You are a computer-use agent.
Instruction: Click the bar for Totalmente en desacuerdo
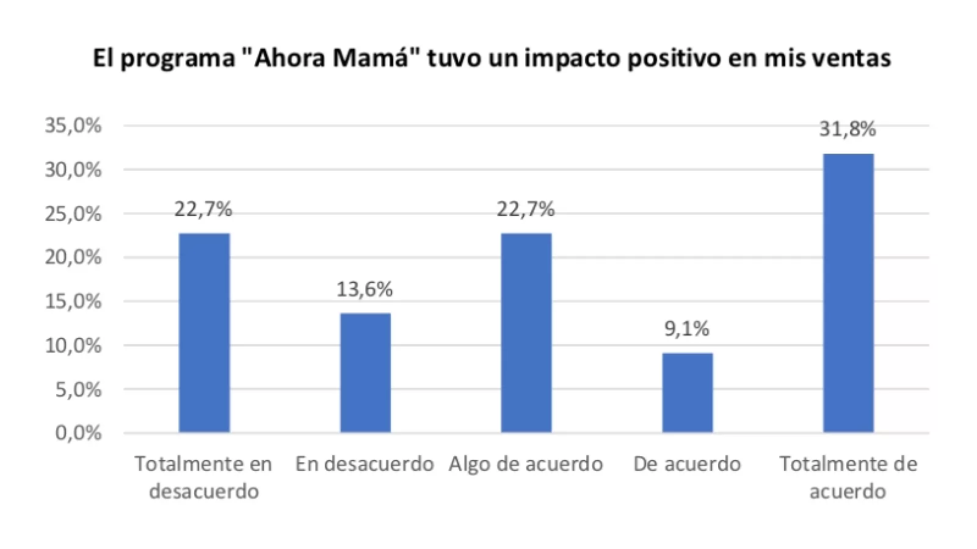click(204, 332)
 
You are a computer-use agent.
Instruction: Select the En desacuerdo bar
click(365, 373)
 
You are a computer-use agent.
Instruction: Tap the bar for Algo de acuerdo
click(526, 332)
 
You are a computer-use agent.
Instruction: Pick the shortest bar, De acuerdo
click(687, 392)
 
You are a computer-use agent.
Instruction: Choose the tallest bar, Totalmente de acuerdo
click(848, 293)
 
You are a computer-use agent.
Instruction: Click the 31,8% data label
click(848, 129)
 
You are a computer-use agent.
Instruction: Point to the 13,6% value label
click(365, 290)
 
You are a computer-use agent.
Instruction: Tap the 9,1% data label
click(687, 329)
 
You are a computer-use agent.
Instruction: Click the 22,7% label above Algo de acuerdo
click(526, 210)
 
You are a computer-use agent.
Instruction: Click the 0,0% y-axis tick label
click(79, 434)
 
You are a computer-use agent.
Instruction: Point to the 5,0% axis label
click(79, 390)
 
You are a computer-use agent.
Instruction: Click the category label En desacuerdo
click(365, 464)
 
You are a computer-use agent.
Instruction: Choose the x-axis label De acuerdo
click(687, 464)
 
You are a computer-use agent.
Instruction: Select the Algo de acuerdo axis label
click(526, 464)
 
